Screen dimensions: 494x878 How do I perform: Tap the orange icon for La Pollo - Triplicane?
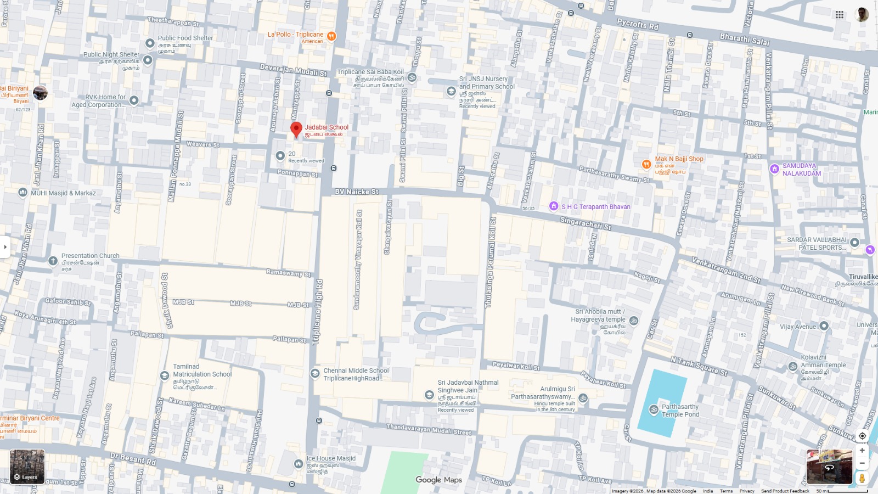331,36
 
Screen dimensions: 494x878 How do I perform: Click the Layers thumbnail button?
27,467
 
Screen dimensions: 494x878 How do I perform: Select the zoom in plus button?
862,450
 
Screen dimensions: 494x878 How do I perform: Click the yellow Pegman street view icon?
862,478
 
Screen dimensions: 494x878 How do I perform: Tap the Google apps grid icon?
840,15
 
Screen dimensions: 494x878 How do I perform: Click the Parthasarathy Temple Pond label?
680,411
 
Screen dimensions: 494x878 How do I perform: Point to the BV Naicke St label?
357,192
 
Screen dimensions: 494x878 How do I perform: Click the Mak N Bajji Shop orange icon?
646,164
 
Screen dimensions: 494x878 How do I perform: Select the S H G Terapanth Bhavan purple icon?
554,206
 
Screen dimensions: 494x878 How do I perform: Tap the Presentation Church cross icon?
53,261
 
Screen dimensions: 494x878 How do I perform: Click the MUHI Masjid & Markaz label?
63,193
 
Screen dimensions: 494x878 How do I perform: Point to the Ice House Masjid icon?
298,464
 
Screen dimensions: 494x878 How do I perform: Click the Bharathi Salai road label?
745,40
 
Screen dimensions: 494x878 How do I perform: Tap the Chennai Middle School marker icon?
315,373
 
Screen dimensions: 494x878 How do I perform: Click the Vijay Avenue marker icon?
824,326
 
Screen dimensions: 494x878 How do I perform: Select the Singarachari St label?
585,223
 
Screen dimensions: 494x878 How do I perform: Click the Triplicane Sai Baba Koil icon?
412,77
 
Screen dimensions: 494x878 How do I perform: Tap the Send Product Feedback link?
785,491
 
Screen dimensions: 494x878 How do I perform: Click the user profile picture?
862,15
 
